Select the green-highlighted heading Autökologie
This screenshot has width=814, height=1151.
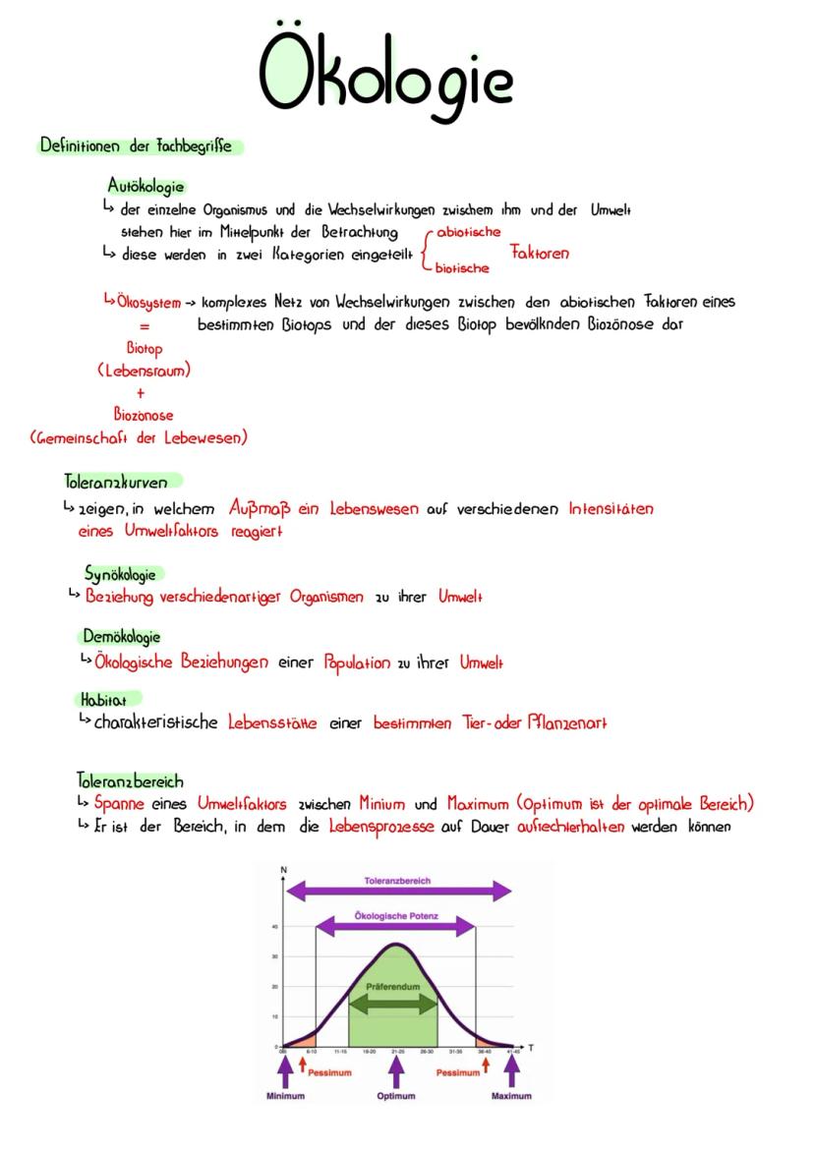[x=145, y=186]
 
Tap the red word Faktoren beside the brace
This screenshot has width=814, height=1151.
[x=539, y=254]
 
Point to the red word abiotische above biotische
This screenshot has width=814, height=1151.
[x=467, y=233]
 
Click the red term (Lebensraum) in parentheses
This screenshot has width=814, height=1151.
[x=145, y=371]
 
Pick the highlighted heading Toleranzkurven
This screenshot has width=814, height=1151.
[x=116, y=482]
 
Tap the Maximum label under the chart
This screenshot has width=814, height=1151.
[x=511, y=1095]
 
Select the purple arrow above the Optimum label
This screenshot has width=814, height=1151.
[x=396, y=1069]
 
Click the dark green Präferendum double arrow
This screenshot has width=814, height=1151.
[x=393, y=1004]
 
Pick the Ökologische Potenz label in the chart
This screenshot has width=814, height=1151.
[x=395, y=916]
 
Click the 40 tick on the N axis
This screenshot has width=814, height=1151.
[x=275, y=926]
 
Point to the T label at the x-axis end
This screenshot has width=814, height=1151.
[x=531, y=1048]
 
